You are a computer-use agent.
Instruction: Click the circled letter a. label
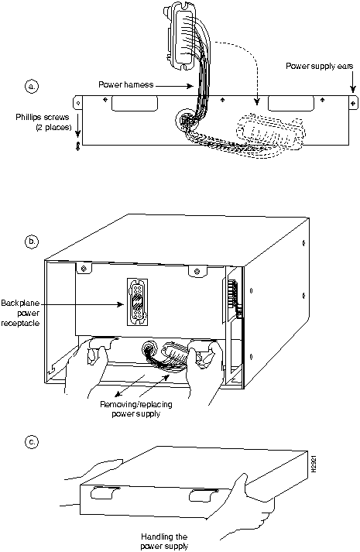(32, 86)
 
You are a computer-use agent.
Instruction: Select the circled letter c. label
(32, 441)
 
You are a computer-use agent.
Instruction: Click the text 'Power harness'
(126, 85)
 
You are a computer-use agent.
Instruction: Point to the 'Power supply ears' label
(319, 66)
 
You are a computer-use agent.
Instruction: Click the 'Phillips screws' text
(43, 117)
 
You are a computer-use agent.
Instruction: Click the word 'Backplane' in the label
(20, 303)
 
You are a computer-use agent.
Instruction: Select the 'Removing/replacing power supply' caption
(136, 409)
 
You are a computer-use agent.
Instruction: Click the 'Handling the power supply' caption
(164, 541)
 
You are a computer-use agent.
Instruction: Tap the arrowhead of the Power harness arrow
(191, 86)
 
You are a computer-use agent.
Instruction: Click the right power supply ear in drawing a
(353, 103)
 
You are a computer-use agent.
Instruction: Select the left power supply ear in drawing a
(77, 103)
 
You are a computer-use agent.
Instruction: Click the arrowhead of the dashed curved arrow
(258, 101)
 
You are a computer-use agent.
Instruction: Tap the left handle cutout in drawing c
(102, 492)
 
